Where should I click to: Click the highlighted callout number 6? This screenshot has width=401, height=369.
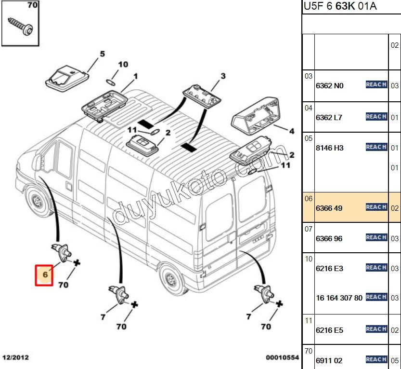(x=44, y=274)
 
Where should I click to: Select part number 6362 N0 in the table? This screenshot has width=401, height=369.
(x=329, y=86)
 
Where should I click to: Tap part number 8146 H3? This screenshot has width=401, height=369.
(x=329, y=148)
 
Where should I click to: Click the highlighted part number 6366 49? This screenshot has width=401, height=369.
(x=329, y=208)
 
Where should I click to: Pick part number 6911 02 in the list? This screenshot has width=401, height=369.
(x=329, y=360)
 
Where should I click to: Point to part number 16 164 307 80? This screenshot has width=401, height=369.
(x=339, y=298)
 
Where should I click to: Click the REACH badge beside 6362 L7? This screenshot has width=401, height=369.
(x=376, y=117)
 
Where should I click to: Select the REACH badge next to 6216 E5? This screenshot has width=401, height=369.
(x=376, y=329)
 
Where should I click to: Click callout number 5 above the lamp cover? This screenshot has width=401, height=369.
(x=102, y=54)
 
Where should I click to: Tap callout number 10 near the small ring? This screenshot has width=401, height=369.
(x=123, y=64)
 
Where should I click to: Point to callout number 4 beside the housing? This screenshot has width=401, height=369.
(x=291, y=130)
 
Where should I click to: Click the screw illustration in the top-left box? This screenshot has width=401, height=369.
(x=20, y=25)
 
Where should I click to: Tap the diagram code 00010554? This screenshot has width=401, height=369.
(x=282, y=357)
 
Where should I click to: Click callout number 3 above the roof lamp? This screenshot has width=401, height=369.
(x=223, y=76)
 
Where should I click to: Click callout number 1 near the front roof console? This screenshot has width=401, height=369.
(x=136, y=76)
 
